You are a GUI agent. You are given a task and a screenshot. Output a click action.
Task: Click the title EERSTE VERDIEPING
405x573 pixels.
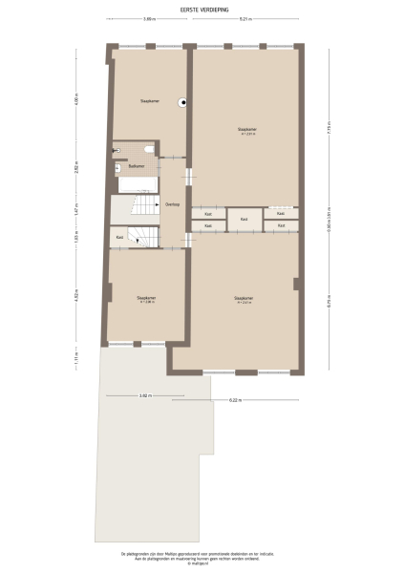coord(202,9)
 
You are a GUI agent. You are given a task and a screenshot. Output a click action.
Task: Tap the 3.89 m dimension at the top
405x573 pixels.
coord(149,19)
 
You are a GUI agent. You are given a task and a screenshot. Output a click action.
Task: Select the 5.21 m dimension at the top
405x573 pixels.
coord(245,19)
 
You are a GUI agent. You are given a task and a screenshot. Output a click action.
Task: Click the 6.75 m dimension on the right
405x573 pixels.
coord(328,306)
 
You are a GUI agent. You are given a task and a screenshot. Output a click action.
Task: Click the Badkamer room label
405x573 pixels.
coord(137,166)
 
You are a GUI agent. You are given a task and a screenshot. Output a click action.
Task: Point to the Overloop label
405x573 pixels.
coord(173,204)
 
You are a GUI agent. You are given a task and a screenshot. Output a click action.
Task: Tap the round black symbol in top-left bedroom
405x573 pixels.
coord(181,103)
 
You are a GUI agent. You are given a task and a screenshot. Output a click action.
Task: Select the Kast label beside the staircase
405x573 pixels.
coord(119,237)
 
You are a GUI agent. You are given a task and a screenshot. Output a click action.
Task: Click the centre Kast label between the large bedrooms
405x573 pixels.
coord(245,220)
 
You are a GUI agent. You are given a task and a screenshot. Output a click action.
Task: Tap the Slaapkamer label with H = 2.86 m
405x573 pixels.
coord(146,298)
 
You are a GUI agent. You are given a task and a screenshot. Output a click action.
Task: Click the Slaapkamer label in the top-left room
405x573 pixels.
coord(149,99)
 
